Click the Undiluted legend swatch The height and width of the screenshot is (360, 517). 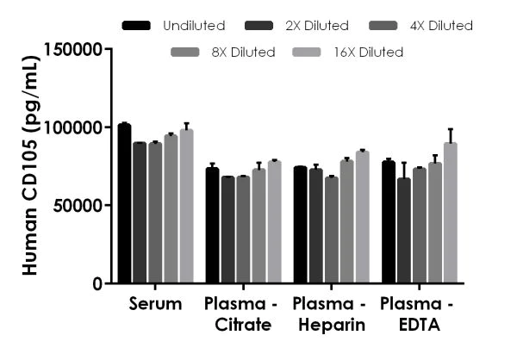pos(136,26)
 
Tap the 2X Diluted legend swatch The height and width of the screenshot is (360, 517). pos(258,26)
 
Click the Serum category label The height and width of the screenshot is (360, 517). pos(156,304)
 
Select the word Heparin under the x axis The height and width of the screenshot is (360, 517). pos(331,326)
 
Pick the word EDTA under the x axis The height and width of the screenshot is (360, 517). pos(419,326)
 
